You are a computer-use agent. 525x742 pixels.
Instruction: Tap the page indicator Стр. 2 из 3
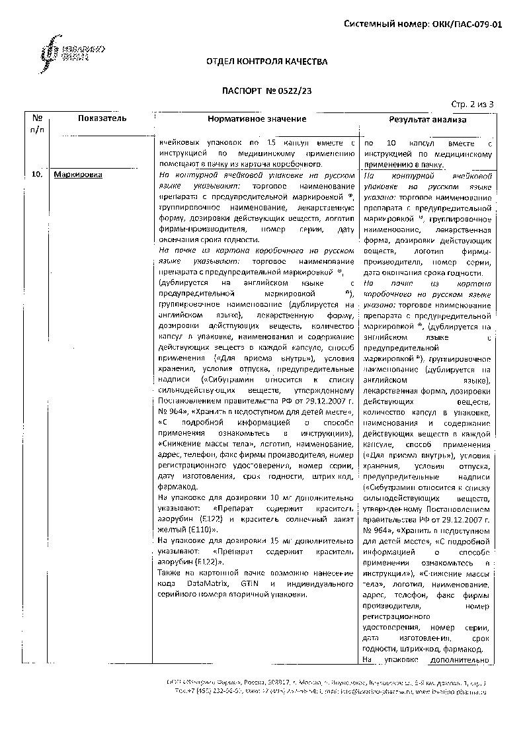(472, 104)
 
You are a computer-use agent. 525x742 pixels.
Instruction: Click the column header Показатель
(102, 118)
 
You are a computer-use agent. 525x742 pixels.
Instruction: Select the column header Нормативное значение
(257, 119)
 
